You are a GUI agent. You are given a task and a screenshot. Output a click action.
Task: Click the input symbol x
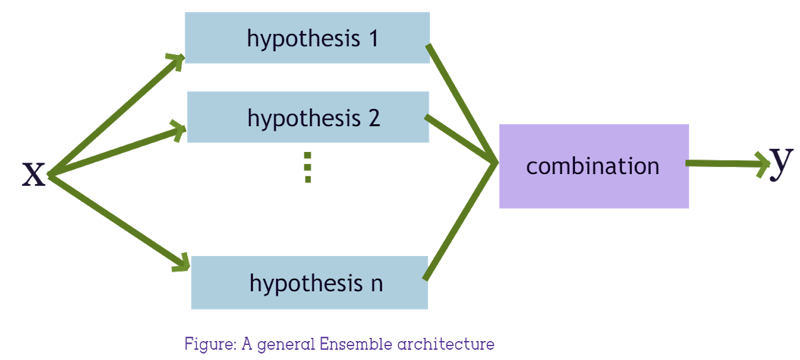point(34,173)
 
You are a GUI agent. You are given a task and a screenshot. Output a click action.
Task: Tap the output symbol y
point(780,161)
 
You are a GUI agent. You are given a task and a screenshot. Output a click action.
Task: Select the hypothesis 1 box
point(307,38)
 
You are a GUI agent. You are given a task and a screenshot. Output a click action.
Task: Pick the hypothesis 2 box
point(308,117)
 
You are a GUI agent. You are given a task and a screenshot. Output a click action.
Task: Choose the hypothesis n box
point(310,282)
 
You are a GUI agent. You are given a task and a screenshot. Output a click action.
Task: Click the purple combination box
point(593,166)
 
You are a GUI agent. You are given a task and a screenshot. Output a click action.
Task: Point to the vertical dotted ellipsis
point(308,167)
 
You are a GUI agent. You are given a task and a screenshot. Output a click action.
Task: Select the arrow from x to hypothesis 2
point(117,152)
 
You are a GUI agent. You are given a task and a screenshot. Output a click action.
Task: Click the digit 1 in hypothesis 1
point(373,38)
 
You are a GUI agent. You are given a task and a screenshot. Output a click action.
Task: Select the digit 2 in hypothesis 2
point(374,118)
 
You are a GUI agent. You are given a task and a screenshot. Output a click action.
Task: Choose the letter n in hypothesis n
point(376,283)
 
